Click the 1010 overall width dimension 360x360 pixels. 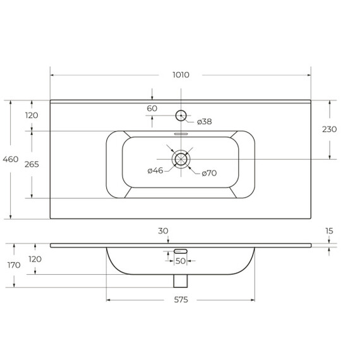(181, 75)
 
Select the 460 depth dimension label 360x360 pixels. (11, 159)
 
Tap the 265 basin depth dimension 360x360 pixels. (32, 164)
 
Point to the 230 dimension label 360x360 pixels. (329, 129)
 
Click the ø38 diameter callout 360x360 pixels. (205, 121)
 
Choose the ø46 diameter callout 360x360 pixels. (155, 171)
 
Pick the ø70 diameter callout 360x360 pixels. (209, 173)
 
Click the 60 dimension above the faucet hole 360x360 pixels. (152, 109)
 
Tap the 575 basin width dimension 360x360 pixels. (181, 299)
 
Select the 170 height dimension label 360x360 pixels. (14, 265)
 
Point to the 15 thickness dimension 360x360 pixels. (329, 231)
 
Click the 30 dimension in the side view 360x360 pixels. (163, 231)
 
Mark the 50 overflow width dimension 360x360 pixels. (181, 261)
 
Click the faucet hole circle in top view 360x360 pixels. (181, 111)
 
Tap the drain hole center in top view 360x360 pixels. (181, 159)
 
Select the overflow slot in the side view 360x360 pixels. (181, 251)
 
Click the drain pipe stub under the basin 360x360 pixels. (181, 281)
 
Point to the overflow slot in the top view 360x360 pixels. (181, 134)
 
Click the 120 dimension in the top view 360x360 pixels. (32, 115)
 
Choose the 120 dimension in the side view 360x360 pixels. (35, 259)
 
